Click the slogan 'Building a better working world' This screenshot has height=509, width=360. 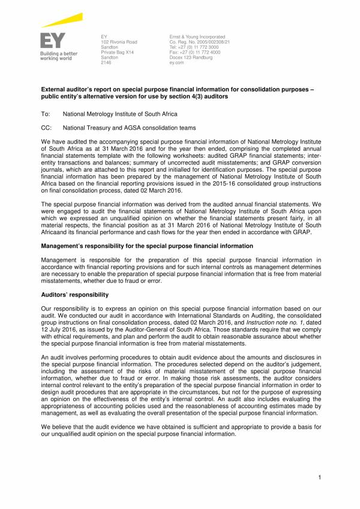[58, 56]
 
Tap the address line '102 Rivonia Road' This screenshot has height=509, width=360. [119, 42]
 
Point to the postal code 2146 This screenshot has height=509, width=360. [106, 62]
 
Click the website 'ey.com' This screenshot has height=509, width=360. [177, 62]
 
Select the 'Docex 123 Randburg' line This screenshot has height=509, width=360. [191, 57]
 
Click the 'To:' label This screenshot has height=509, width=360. [45, 113]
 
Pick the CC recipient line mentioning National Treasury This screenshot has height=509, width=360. [128, 127]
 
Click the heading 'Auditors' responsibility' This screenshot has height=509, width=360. [74, 295]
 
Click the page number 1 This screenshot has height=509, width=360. [320, 477]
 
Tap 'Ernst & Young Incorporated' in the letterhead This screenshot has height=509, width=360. [197, 37]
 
